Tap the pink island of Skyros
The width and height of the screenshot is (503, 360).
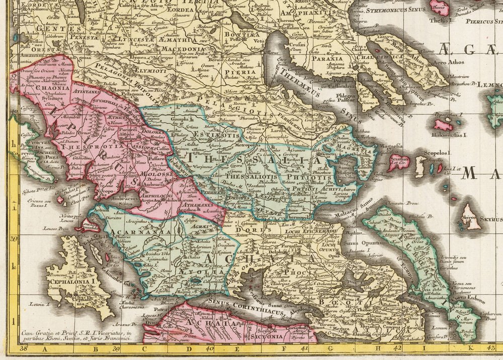point(471,217)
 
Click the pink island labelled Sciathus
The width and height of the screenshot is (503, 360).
point(397,162)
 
